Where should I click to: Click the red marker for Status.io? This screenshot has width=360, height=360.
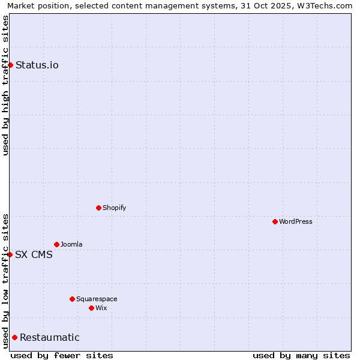pos(10,65)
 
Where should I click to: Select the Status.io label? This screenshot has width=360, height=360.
pos(37,65)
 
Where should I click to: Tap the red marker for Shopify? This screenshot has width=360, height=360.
pos(98,208)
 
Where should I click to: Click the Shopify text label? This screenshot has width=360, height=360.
pos(114,208)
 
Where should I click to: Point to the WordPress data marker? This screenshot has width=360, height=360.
pos(275,221)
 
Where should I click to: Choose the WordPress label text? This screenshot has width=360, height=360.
pos(295,222)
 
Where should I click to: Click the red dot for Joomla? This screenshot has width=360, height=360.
pos(56,244)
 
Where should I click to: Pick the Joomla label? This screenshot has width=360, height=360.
pos(71,245)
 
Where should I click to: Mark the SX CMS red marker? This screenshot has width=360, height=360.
pos(10,254)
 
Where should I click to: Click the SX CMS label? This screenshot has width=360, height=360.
pos(34,255)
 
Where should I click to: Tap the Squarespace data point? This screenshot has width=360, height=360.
pos(72,299)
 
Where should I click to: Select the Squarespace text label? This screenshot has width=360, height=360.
pos(97,299)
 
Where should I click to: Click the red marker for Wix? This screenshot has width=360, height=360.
pos(91,308)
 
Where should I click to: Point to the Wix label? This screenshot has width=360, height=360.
pos(101,308)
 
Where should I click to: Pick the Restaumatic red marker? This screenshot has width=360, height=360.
pos(14,337)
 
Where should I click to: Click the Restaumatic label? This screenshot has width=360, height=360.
pos(50,338)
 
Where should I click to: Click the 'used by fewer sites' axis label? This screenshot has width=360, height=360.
pos(62,355)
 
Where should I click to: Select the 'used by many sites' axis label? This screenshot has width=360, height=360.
pos(301,355)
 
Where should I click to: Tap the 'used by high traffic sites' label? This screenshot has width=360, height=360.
pos(5,85)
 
